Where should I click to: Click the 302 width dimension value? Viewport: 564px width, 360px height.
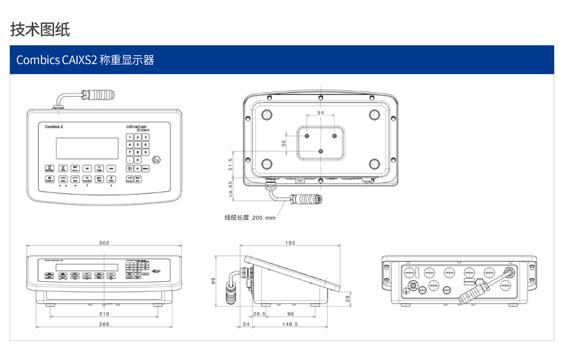pos(104,243)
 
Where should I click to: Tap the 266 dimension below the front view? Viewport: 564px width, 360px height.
pos(104,324)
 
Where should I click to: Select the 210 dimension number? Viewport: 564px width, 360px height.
pos(104,314)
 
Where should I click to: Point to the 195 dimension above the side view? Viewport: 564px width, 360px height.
pos(290,243)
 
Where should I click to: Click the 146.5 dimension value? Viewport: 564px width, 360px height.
pos(290,324)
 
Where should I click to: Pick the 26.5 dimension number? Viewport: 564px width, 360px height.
pos(259,314)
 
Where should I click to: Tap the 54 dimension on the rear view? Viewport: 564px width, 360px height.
pos(320,113)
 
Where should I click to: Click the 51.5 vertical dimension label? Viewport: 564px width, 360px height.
pos(231,164)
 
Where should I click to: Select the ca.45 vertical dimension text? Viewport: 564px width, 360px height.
pos(231,189)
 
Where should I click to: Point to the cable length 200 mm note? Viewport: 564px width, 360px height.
pos(250,218)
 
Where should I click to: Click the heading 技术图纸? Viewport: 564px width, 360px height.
pos(40,30)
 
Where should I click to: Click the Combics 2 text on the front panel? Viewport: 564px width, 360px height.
pos(54,127)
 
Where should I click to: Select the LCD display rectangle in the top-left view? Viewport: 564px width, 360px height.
pos(87,148)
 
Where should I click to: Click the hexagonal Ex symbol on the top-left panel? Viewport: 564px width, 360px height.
pos(156,160)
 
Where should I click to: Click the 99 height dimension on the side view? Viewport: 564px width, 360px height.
pos(213,281)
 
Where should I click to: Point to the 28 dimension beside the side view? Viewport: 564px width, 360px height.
pos(347,299)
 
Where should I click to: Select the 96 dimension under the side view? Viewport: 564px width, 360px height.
pos(290,314)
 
